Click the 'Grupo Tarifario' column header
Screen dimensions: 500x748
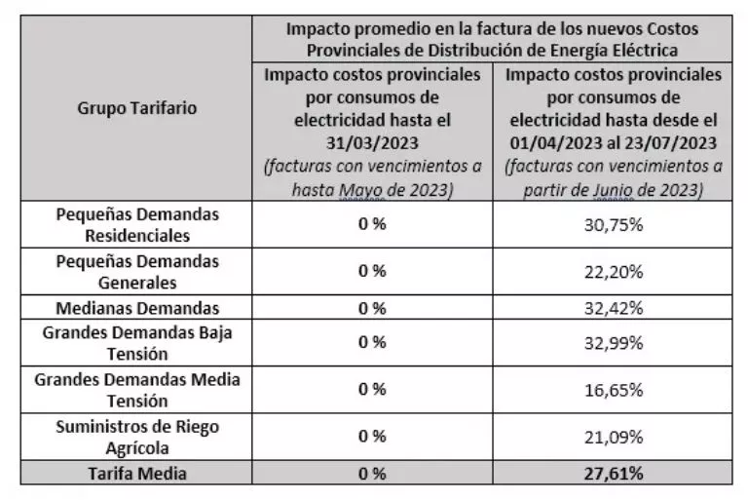click(136, 108)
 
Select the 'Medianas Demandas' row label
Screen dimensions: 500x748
click(136, 308)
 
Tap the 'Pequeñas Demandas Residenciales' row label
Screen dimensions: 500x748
click(136, 224)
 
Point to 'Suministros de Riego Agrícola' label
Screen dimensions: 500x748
click(136, 437)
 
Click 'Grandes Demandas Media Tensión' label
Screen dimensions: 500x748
click(136, 389)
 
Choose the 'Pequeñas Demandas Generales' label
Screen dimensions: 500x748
click(136, 272)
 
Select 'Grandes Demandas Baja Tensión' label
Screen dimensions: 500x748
click(136, 342)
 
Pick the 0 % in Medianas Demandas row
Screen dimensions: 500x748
click(372, 308)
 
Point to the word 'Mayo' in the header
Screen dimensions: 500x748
click(361, 190)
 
